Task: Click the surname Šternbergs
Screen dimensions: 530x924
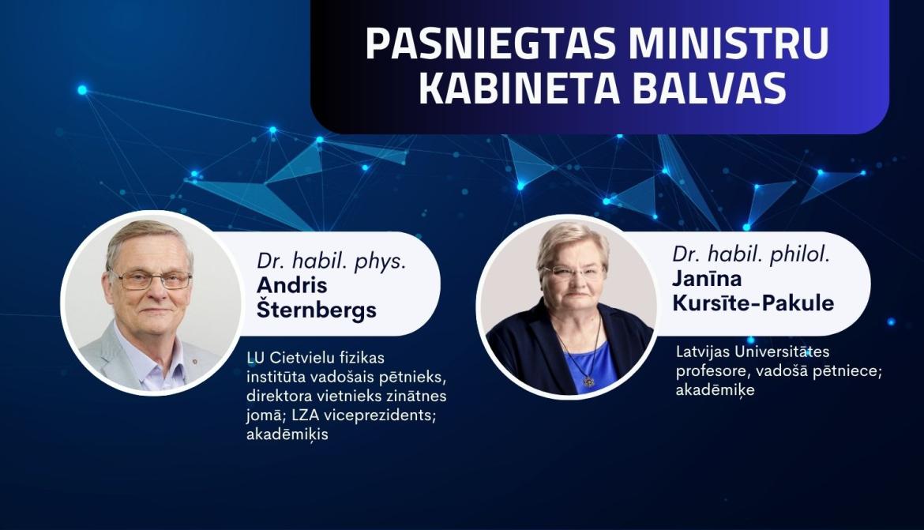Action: click(317, 310)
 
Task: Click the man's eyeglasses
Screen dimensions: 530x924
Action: click(151, 279)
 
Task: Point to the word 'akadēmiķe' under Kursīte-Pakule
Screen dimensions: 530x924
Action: click(716, 390)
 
